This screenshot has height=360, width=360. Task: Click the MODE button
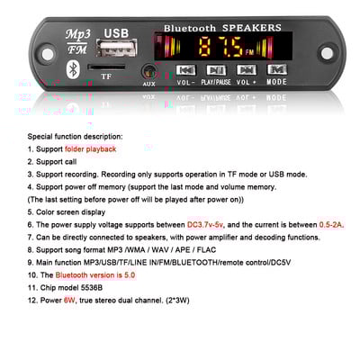[276, 69]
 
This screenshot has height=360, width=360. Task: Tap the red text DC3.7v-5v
[206, 223]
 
